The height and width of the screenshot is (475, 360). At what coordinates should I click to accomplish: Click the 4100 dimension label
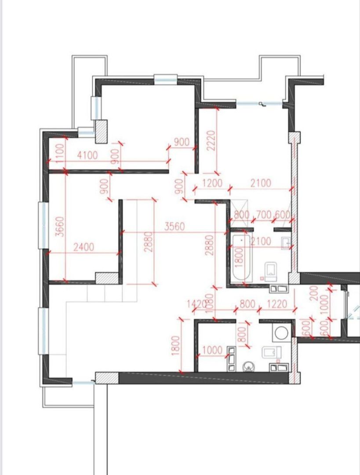87,155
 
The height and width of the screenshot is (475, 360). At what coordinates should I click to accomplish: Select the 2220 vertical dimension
211,140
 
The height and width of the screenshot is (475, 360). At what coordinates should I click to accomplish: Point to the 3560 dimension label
175,227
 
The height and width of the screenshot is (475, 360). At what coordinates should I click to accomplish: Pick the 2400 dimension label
84,247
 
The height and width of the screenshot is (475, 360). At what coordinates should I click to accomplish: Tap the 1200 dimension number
212,183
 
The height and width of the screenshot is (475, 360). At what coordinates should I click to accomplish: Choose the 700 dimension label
263,215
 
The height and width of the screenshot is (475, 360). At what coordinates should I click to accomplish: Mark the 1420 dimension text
196,304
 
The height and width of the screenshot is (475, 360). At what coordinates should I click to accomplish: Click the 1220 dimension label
276,304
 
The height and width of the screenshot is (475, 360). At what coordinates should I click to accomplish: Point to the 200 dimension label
314,293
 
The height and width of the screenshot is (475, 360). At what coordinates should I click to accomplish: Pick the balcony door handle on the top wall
262,104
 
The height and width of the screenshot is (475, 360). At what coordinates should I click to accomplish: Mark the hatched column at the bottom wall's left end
107,378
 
